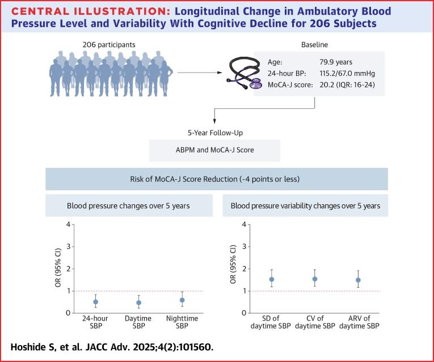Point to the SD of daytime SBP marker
[272, 279]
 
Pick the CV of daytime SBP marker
[315, 279]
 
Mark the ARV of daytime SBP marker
[358, 280]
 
